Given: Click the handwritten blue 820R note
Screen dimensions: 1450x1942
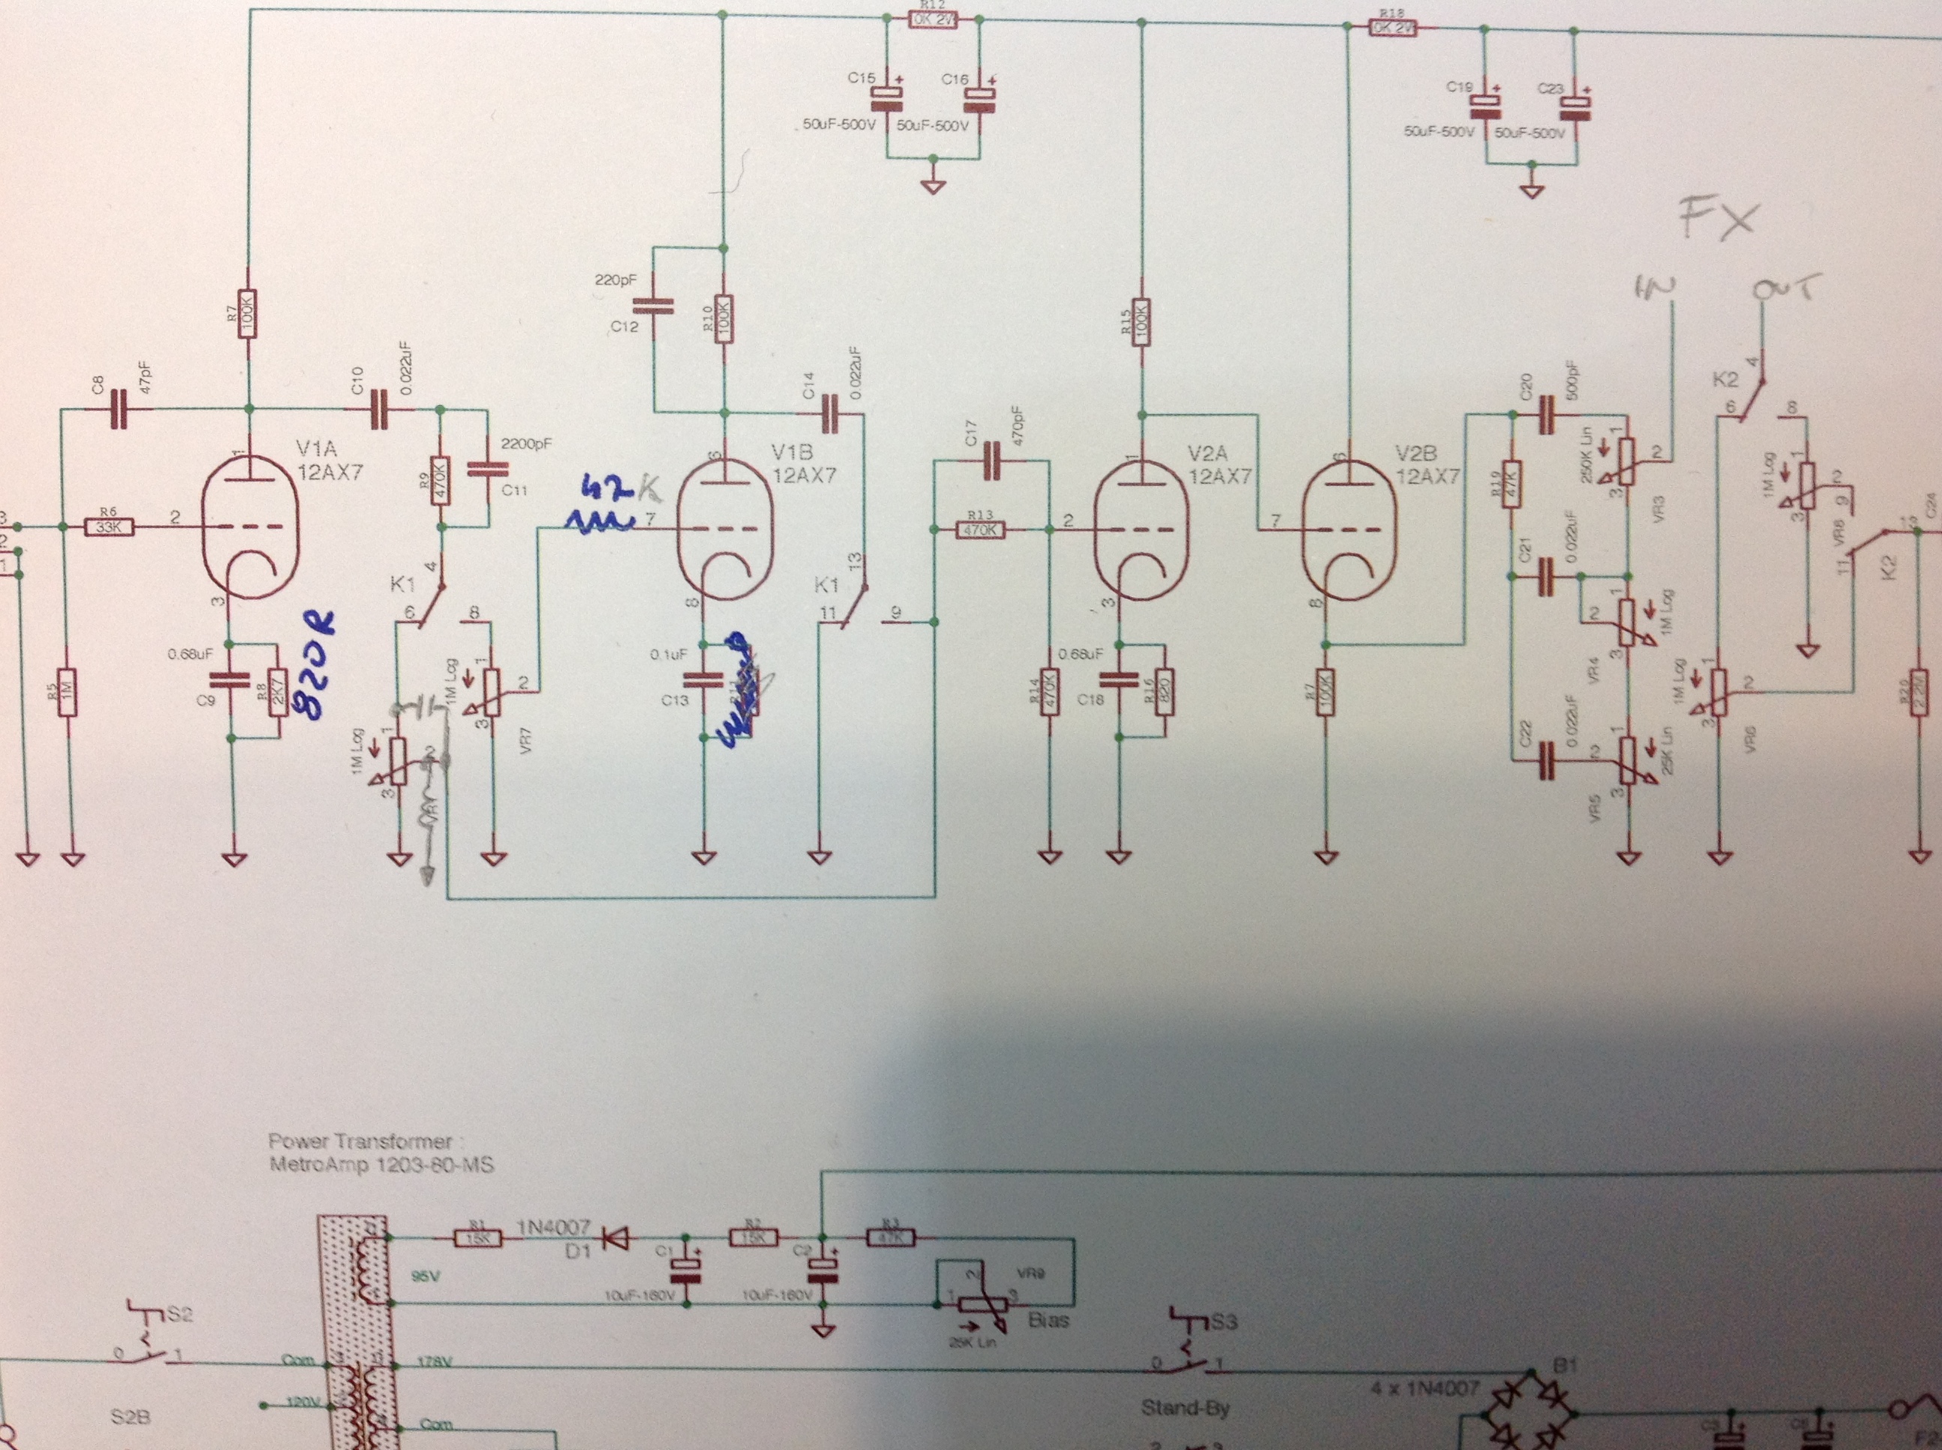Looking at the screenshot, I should tap(318, 665).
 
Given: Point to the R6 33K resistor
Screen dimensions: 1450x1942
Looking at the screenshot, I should tap(109, 527).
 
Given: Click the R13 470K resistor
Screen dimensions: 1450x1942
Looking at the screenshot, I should tap(979, 530).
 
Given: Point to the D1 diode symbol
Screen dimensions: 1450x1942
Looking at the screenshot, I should tap(619, 1239).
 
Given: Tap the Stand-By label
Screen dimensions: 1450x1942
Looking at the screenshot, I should tap(1185, 1409).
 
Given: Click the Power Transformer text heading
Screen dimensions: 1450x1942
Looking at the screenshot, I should tap(360, 1142).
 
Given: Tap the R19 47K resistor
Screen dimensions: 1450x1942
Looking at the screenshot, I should tap(1511, 484).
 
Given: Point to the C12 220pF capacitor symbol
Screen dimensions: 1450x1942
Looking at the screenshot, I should tap(654, 306).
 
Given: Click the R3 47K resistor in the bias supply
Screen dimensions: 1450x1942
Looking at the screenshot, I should tap(891, 1237).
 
